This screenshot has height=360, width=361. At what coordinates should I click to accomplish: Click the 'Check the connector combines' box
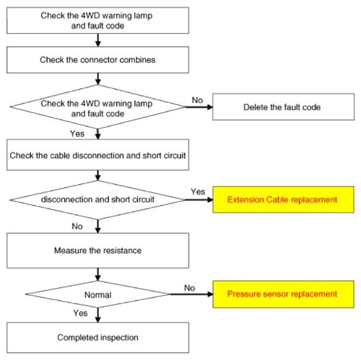tap(98, 60)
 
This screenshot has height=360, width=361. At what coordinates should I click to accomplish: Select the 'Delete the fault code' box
tap(283, 107)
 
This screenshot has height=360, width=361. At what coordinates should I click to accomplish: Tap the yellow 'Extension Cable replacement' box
tap(283, 199)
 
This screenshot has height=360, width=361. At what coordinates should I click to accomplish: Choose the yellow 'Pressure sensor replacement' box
tap(283, 294)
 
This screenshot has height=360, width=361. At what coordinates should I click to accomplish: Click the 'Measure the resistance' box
tap(98, 250)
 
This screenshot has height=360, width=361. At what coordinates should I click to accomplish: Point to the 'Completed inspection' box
tap(98, 337)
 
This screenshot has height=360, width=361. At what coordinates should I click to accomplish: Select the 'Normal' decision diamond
tap(98, 294)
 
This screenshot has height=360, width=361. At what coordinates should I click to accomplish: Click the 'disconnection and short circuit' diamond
tap(98, 200)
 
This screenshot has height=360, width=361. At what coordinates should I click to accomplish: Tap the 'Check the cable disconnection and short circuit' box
tap(98, 155)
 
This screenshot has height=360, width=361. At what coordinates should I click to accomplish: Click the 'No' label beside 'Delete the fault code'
tap(197, 100)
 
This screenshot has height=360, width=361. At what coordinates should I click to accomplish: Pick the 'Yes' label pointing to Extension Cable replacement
tap(198, 192)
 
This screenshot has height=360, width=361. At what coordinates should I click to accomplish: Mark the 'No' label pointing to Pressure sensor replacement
tap(190, 288)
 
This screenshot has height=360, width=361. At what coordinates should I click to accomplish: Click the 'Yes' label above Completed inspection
tap(80, 314)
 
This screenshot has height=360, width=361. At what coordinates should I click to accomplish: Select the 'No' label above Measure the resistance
tap(77, 226)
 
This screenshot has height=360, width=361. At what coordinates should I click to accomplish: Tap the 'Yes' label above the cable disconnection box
tap(77, 134)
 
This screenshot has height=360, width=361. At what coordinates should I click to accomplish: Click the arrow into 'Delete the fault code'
tap(199, 107)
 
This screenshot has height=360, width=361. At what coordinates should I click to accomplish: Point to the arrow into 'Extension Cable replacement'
tap(199, 200)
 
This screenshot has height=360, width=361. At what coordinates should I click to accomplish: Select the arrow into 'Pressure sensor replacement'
tap(192, 294)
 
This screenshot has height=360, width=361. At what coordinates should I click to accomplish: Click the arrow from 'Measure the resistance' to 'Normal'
tap(98, 274)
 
